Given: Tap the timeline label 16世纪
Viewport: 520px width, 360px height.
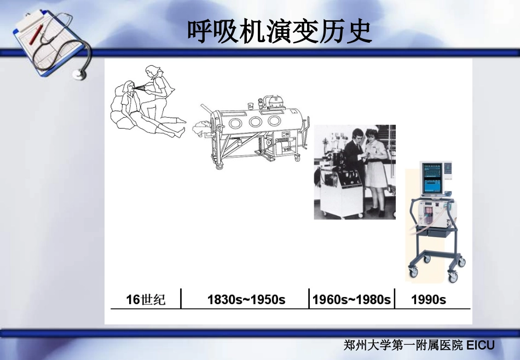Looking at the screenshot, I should (146, 299).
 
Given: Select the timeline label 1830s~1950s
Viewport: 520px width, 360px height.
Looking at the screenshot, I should (246, 299).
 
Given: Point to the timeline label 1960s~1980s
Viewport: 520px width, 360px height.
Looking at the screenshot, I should (351, 299).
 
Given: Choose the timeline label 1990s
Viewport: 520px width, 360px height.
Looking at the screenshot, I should (428, 299).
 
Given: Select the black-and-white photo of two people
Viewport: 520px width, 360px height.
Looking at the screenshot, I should (354, 172).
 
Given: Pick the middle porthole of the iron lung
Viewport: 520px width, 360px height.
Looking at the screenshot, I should (255, 122).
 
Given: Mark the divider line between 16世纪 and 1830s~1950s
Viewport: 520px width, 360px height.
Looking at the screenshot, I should (181, 298).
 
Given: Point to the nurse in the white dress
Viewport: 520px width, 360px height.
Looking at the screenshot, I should (378, 170).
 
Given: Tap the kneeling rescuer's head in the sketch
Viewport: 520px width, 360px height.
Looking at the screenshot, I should (152, 71).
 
